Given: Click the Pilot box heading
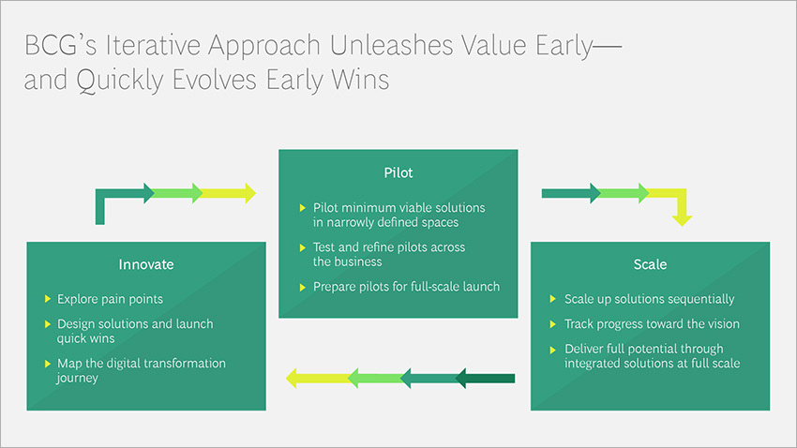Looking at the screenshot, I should pos(398,173).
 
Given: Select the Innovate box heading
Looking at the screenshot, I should pos(146,264).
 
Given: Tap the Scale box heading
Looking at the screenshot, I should pos(650,264).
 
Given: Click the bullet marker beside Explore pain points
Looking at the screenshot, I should pos(48,299).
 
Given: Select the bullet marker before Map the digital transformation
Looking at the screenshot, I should pos(48,363).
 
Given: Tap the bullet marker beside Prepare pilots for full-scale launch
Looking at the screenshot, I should pos(302,287).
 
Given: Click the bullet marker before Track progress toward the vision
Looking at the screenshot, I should pos(553,323).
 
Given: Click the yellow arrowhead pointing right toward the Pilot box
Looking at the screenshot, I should pos(247,194).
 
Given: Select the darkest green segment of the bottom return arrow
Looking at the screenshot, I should pos(488,379).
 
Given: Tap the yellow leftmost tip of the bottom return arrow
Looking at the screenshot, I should pos(293,379).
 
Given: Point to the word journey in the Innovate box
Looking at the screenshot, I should pos(80,378).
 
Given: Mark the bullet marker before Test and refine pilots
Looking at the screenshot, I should pos(302,247).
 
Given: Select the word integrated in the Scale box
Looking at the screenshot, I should pos(595,363).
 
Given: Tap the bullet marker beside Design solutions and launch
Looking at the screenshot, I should pos(48,323).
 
